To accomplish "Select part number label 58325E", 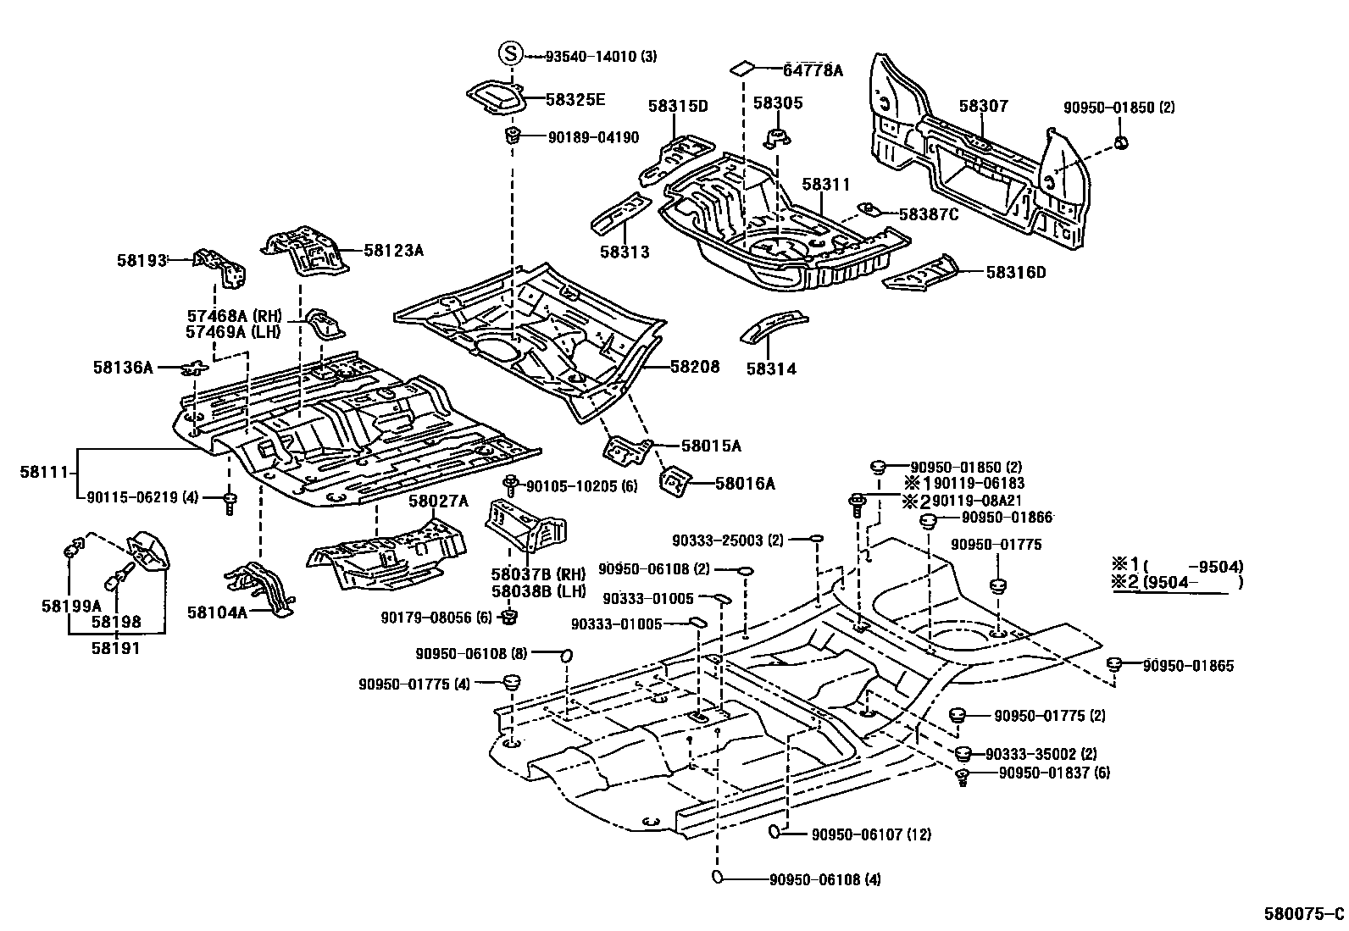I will tap(575, 99).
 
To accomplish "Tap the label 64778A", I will tap(813, 70).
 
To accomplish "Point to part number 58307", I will tap(983, 107).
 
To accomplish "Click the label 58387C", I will tap(928, 215).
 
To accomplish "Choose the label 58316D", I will tap(1015, 273).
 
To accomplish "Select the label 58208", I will tap(694, 367).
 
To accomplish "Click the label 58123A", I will tap(393, 250).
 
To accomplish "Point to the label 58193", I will tap(141, 261).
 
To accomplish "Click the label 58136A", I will tap(123, 368).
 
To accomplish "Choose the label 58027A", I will tap(438, 501).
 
